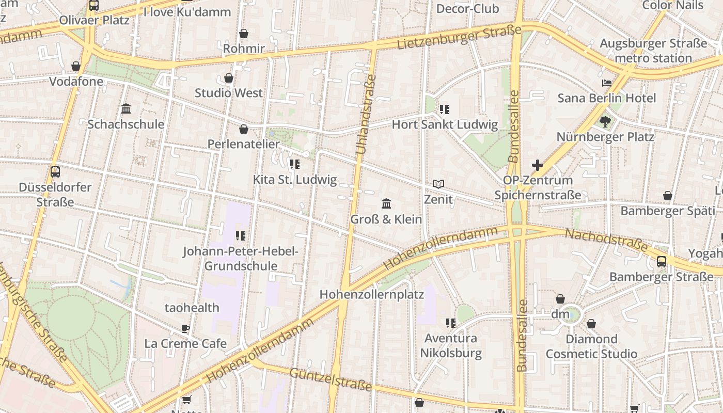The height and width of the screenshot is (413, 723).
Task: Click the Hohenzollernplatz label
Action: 371,295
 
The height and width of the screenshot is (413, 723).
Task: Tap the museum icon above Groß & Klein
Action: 386,203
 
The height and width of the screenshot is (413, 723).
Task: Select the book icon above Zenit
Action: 438,184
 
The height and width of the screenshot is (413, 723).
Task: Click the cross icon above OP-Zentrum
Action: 538,165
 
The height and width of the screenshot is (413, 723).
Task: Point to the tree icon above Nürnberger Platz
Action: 605,122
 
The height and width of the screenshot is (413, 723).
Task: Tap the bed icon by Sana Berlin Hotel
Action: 607,83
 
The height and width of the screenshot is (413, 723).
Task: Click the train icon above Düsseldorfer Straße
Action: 55,172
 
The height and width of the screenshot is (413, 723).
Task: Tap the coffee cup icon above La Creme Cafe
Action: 185,328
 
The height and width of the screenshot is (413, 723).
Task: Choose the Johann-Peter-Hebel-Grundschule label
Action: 241,259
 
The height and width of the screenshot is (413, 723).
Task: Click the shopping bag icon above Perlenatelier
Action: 244,129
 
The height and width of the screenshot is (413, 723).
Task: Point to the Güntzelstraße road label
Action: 331,379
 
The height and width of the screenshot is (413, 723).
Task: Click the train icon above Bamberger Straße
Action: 662,261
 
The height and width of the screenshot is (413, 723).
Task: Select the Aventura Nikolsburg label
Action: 451,345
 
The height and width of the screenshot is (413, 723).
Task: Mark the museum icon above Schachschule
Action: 126,108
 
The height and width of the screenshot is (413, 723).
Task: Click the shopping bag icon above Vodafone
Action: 76,66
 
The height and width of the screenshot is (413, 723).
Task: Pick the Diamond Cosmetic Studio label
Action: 591,346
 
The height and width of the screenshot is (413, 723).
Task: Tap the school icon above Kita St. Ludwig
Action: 294,164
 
